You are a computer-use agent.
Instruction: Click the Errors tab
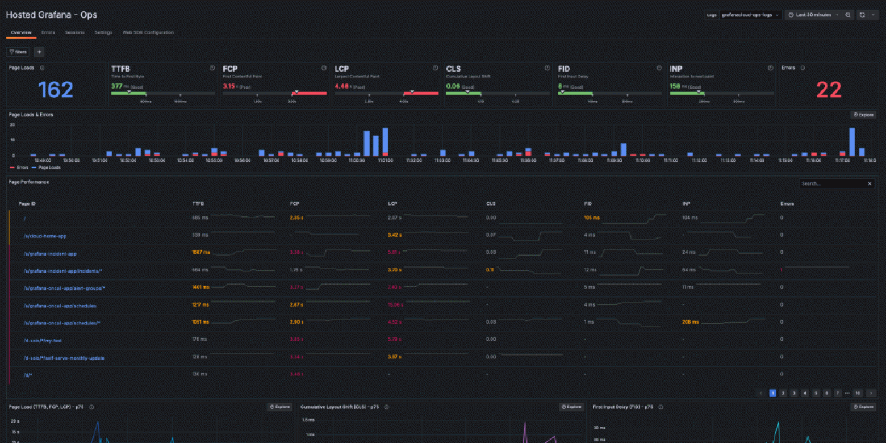point(48,32)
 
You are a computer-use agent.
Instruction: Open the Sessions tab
point(74,32)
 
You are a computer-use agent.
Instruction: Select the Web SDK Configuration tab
point(148,32)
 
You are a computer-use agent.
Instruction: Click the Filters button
point(18,52)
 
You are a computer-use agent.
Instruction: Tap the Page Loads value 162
point(56,90)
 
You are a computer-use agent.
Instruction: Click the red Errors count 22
point(828,90)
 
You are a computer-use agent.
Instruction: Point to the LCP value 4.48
point(341,86)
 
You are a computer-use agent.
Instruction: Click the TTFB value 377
point(116,86)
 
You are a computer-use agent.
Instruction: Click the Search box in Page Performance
point(832,183)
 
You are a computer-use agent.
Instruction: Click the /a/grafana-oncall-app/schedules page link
point(60,306)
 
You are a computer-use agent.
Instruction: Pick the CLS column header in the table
point(491,203)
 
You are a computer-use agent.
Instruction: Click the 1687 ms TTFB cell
point(200,252)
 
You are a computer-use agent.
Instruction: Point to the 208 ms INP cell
point(691,322)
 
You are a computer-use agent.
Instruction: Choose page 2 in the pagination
point(783,393)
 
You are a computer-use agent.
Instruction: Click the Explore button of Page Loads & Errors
point(863,115)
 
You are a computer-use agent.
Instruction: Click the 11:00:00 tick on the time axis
point(356,161)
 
